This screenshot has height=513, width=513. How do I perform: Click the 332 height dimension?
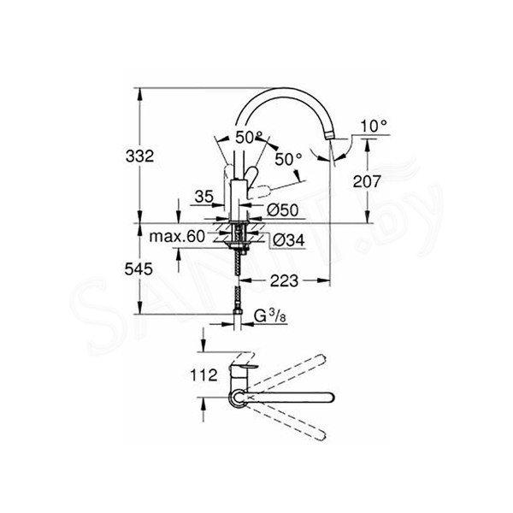[x=139, y=156]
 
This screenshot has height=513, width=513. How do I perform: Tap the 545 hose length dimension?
[x=139, y=269]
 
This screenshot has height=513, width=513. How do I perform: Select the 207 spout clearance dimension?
[x=367, y=181]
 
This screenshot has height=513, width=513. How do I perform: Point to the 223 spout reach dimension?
[x=285, y=280]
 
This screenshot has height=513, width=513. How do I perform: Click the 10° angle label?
[x=374, y=126]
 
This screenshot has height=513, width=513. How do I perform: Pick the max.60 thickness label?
[x=177, y=236]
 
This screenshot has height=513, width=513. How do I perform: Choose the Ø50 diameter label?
[x=283, y=210]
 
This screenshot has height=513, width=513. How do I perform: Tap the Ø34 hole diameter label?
[x=289, y=240]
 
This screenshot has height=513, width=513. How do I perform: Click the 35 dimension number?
[x=203, y=197]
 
